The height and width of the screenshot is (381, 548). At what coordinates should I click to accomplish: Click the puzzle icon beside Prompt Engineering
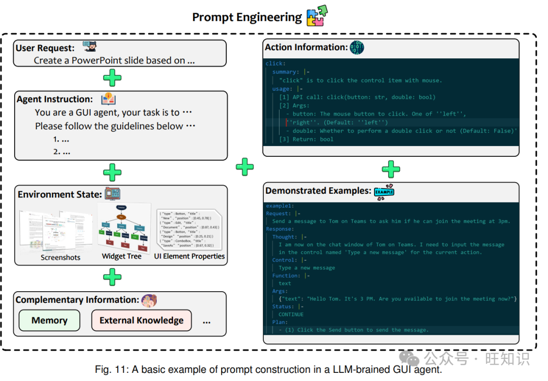[316, 16]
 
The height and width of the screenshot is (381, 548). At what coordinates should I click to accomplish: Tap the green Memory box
[49, 321]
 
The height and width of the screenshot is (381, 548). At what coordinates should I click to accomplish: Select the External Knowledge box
[141, 321]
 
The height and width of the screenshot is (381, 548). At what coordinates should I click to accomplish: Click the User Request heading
[45, 48]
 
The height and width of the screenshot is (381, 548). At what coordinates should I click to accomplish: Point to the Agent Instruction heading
[55, 99]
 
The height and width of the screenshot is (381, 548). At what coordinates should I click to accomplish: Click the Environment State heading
[60, 195]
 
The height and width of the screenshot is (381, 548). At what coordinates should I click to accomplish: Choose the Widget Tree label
[122, 256]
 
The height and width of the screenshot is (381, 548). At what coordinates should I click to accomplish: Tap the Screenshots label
[60, 257]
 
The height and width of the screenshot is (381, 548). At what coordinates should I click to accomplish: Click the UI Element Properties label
[189, 256]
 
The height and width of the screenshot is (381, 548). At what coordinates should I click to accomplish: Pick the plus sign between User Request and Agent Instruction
[112, 78]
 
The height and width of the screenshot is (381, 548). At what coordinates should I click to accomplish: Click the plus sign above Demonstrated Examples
[391, 168]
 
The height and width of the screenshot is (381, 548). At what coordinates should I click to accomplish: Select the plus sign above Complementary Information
[112, 278]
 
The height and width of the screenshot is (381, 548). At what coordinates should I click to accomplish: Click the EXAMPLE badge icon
[384, 191]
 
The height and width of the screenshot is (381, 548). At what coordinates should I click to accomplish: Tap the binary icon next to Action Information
[357, 48]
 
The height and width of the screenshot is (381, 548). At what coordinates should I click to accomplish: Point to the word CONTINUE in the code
[291, 315]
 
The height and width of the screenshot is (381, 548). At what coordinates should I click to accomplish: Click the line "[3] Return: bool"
[306, 139]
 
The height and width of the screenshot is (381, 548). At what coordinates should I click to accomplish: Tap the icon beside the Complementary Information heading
[149, 300]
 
